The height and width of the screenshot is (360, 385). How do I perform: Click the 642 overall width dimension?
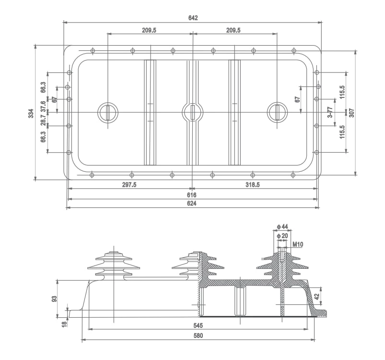[193, 18]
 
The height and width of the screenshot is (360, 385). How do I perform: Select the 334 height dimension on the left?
[31, 113]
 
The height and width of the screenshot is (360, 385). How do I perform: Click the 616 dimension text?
[192, 195]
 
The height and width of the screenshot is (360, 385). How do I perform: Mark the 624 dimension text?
[192, 204]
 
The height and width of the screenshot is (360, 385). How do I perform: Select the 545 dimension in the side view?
[198, 325]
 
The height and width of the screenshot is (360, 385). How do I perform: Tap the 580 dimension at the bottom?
[198, 336]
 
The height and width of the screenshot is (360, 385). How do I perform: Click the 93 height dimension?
[55, 299]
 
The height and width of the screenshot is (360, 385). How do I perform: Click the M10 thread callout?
[298, 244]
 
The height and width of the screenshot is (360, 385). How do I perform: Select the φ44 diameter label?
[282, 226]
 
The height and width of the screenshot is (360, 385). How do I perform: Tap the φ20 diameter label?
[282, 235]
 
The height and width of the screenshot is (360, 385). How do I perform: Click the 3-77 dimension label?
[330, 113]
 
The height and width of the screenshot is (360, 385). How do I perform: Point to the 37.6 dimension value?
[43, 106]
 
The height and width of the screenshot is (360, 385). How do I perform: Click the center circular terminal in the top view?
[193, 113]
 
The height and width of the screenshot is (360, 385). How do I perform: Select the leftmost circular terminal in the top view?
[108, 113]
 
